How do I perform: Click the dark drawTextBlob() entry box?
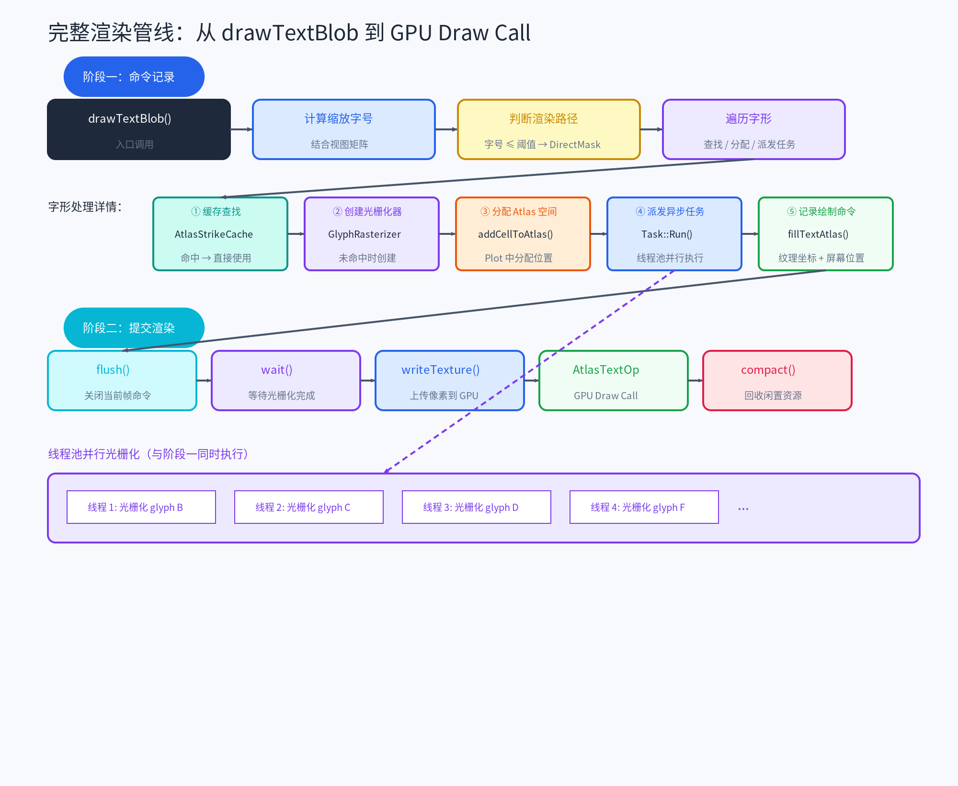138,129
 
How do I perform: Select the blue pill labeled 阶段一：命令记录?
134,77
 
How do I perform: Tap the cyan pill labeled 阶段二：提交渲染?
134,328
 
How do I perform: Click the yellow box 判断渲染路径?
548,129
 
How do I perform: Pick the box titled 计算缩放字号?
343,129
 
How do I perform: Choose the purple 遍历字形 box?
753,129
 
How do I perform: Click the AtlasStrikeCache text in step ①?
214,234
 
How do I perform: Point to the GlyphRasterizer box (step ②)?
371,234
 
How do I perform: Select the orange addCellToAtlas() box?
523,234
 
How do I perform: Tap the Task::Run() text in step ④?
667,234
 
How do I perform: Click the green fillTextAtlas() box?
825,234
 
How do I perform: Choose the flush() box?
122,381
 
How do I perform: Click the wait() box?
285,381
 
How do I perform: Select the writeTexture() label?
440,370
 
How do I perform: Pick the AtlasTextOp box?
613,381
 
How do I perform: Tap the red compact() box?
777,381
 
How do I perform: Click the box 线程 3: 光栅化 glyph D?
476,507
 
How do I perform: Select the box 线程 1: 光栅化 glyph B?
141,507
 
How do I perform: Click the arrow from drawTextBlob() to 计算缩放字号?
241,129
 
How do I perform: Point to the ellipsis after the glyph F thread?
743,509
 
